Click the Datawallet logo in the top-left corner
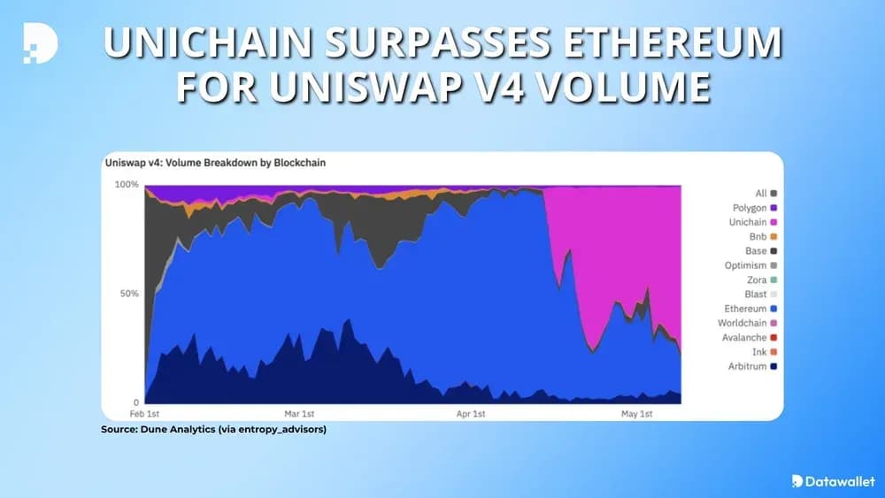coord(40,42)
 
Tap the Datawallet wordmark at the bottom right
coord(832,480)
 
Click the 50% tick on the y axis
coord(130,294)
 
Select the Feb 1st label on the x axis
coord(145,414)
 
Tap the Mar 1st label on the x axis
coord(299,414)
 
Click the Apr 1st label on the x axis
coord(471,414)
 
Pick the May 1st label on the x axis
coord(636,414)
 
